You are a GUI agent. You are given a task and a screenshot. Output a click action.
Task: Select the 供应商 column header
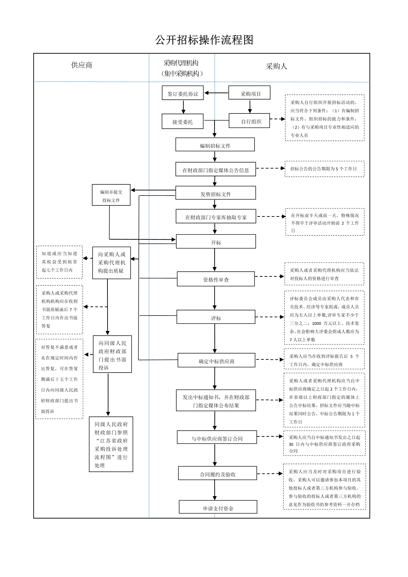pos(82,65)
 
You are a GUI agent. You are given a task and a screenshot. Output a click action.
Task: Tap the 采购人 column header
pos(276,66)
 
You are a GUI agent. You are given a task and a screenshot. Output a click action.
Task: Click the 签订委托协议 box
pos(183,93)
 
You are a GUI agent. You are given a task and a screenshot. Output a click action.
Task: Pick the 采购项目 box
pos(249,93)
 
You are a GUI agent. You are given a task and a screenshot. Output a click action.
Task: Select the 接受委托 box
pos(182,121)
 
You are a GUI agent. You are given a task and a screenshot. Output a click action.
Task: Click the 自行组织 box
pos(249,121)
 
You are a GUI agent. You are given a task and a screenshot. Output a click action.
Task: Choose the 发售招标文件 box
pos(216,193)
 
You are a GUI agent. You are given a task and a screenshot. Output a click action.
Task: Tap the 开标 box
pos(216,242)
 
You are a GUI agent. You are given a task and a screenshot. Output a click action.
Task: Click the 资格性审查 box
pos(216,279)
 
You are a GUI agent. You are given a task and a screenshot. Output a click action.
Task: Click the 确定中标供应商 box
pos(216,360)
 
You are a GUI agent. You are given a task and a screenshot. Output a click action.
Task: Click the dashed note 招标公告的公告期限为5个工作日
pos(324,169)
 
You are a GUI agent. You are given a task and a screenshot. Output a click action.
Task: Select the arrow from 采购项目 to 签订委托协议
pos(216,93)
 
